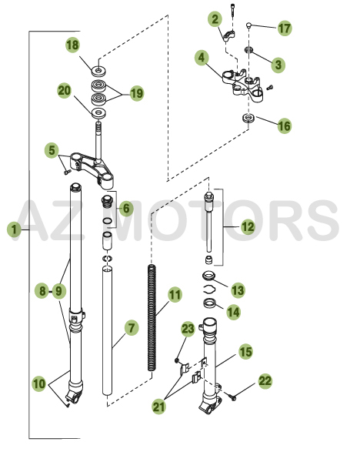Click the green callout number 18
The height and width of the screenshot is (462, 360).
coord(73,45)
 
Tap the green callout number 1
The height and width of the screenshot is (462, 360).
coord(13,229)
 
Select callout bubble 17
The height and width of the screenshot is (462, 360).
coord(285,28)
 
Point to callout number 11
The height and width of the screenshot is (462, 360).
coord(175,294)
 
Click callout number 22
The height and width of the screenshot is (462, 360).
coord(265,380)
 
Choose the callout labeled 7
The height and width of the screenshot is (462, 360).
coord(131,328)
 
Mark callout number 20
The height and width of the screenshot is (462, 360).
coord(65,91)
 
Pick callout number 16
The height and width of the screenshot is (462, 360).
coord(284,125)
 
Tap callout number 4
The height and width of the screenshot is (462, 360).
coord(202,58)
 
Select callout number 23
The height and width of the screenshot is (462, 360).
coord(188,329)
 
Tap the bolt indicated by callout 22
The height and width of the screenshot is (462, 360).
coord(234,396)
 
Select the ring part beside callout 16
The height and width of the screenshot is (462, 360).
coord(248,118)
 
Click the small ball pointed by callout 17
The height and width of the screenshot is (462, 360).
coord(250,25)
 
